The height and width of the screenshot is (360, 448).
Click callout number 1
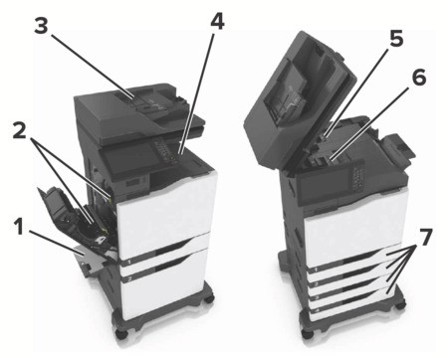(x=20, y=228)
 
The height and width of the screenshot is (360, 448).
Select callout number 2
(x=20, y=130)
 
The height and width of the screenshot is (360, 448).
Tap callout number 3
(x=41, y=26)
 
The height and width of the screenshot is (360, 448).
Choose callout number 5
(x=396, y=38)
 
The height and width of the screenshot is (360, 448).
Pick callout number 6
(x=419, y=78)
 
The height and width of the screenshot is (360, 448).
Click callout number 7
(x=425, y=237)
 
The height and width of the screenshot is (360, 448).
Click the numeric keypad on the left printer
(x=165, y=149)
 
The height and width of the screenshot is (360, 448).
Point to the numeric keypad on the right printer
(x=357, y=178)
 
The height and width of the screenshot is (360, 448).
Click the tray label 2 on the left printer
(x=128, y=279)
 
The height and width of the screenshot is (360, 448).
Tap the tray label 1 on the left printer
(x=130, y=262)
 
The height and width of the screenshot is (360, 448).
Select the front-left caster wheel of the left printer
(x=120, y=332)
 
